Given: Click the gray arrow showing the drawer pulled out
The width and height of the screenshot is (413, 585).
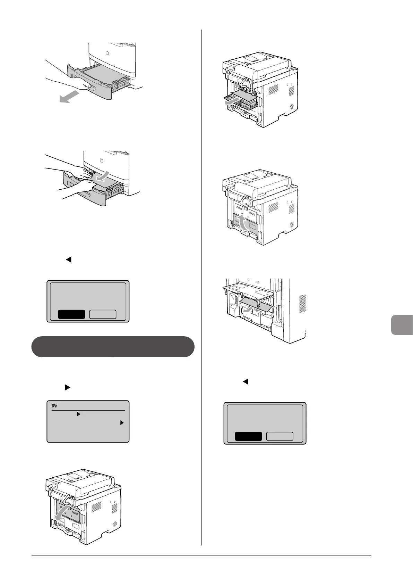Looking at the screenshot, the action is coord(68,98).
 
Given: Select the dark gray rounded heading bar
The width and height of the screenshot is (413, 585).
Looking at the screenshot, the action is coord(113,346).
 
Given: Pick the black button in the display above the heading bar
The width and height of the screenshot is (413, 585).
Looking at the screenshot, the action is coord(71,314).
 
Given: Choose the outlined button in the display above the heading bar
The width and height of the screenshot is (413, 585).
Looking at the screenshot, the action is coord(103,314).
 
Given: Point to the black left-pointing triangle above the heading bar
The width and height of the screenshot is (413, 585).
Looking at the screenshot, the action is coord(68,259).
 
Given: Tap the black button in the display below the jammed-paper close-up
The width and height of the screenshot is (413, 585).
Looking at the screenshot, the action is coord(248,436).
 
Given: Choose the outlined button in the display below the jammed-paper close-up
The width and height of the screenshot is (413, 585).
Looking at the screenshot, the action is coord(279,436).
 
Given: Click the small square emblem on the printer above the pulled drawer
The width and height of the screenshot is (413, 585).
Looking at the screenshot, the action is coord(106,53).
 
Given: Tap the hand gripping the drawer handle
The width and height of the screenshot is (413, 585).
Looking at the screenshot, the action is coord(83,86).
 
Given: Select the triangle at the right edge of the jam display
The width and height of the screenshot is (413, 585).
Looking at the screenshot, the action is coord(122,423).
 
